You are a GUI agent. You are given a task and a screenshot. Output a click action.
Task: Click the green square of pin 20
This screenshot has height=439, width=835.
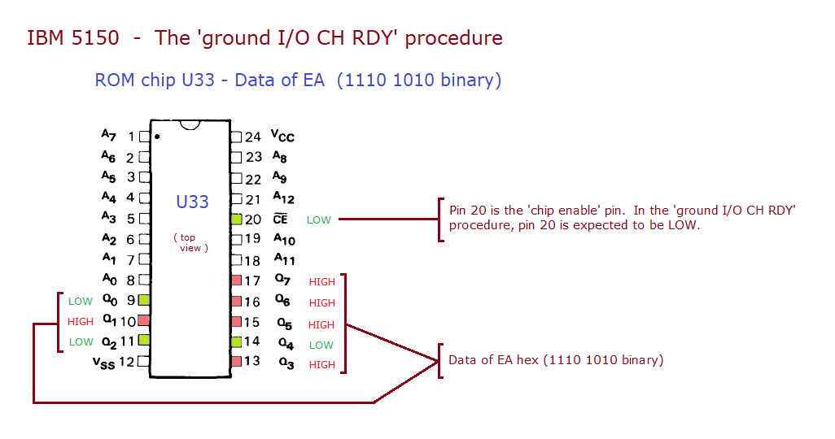point(236,219)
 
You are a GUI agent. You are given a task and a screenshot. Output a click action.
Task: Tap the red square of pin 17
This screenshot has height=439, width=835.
point(236,280)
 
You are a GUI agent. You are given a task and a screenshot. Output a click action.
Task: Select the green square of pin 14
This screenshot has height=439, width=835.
point(236,342)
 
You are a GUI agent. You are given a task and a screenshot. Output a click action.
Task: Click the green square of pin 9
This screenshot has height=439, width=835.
point(144,301)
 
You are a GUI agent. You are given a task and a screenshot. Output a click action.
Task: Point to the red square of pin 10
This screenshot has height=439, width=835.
point(144,321)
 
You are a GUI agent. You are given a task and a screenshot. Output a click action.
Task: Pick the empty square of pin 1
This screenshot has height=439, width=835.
point(144,137)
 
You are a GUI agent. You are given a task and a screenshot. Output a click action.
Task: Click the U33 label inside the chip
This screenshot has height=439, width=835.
point(192,202)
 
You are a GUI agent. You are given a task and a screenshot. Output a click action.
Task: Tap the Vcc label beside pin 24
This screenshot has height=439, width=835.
point(282,137)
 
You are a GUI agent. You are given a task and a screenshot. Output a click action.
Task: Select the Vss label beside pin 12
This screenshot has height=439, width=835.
point(104,363)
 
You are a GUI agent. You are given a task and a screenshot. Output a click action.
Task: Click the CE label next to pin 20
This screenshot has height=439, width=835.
point(280,219)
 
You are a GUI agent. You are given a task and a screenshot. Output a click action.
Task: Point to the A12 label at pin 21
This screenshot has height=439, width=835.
point(283,198)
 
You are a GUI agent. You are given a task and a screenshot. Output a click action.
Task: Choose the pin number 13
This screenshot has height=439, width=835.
point(253,362)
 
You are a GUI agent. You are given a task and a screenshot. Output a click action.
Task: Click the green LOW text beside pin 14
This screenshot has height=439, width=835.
point(321,345)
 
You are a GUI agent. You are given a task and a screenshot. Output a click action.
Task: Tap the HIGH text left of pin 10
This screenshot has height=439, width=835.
point(81,322)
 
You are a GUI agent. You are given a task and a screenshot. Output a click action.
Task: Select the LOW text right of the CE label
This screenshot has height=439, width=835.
point(318,219)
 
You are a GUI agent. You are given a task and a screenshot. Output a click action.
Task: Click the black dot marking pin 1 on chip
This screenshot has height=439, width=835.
point(156,137)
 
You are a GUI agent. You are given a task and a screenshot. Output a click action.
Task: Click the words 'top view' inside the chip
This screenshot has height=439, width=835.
point(190,243)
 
